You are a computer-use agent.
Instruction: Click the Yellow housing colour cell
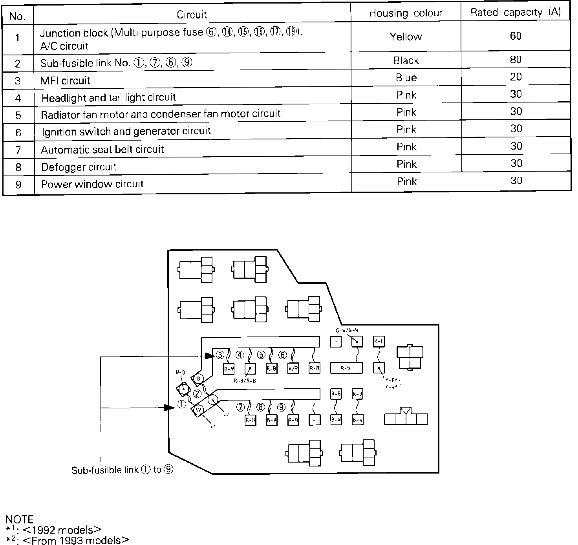(406, 37)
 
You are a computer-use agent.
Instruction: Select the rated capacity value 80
(516, 60)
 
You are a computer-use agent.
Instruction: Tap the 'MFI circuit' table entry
(65, 80)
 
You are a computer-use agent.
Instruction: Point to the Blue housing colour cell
(406, 77)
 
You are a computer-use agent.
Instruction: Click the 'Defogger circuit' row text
(79, 167)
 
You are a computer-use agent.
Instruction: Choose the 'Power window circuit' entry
(93, 184)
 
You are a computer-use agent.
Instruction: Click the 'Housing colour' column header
(406, 13)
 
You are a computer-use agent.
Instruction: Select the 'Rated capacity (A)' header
(516, 13)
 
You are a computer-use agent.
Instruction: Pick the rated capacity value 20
(516, 77)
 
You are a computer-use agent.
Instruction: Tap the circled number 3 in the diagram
(220, 355)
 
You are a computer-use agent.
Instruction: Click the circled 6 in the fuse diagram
(282, 355)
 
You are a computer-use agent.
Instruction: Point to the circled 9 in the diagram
(281, 407)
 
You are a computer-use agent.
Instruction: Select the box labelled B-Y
(229, 369)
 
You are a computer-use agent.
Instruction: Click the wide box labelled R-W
(346, 368)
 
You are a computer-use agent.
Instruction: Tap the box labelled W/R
(293, 369)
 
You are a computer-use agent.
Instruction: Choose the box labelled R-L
(379, 342)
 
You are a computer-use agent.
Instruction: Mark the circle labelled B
(199, 379)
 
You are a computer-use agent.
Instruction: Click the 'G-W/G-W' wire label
(347, 330)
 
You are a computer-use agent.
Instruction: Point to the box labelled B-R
(272, 420)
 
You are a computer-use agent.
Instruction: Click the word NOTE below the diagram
(20, 519)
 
